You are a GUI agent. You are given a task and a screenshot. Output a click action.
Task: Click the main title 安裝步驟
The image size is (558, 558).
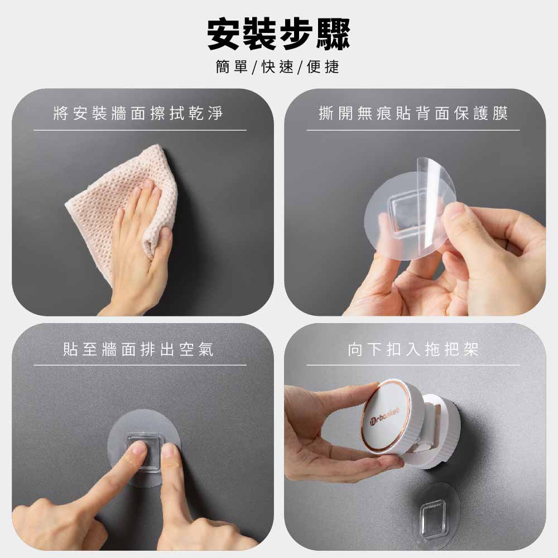tap(278, 35)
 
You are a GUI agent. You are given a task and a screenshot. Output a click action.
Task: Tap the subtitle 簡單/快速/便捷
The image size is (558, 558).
tap(277, 66)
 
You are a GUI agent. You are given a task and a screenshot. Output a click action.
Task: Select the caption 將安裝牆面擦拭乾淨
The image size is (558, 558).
tap(138, 113)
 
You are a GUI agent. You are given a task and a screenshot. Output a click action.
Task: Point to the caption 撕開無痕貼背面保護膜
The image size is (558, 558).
tap(413, 113)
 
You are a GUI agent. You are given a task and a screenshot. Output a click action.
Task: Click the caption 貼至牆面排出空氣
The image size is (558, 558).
tap(138, 349)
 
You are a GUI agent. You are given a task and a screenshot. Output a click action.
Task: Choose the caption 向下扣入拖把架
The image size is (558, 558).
tap(413, 349)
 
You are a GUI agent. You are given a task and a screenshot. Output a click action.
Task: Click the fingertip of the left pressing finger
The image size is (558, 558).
tap(138, 449)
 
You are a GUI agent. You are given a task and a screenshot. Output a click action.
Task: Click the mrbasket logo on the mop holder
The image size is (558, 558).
tap(384, 415)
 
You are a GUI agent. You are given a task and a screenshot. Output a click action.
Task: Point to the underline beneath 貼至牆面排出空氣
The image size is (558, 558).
tap(140, 365)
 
